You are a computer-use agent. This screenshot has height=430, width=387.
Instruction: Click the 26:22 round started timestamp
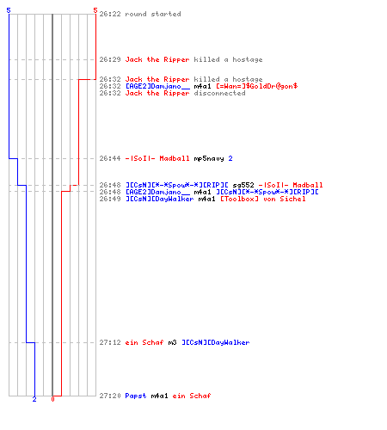[110, 14]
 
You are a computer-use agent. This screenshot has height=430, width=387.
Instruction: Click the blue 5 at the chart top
[9, 10]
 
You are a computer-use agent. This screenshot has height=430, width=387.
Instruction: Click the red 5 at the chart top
[95, 10]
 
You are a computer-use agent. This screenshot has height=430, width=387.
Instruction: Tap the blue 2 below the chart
[34, 399]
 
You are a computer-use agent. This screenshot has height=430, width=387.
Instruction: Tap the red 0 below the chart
[52, 399]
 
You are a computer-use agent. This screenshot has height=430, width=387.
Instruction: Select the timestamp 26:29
[110, 59]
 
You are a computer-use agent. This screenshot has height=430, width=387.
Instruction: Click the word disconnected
[219, 93]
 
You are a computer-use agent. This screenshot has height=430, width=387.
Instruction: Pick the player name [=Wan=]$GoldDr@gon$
[257, 86]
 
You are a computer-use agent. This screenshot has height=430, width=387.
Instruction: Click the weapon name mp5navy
[209, 158]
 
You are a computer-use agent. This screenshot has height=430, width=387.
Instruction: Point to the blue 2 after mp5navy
[230, 158]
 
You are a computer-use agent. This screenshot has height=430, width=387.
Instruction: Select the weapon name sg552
[243, 185]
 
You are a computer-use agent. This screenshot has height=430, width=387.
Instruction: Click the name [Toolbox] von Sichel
[263, 199]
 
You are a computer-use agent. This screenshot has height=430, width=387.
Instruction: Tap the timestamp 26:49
[110, 199]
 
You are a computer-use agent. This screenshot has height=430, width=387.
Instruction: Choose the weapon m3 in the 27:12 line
[172, 342]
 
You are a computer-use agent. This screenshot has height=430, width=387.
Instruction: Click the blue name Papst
[136, 396]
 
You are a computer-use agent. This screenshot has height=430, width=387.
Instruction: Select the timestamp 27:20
[110, 396]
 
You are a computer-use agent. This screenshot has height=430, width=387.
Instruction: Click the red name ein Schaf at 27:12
[144, 342]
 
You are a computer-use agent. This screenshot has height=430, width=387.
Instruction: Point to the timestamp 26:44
[110, 158]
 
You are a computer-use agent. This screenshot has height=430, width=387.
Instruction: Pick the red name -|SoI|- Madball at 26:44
[157, 158]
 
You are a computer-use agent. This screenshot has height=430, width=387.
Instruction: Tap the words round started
[153, 14]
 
